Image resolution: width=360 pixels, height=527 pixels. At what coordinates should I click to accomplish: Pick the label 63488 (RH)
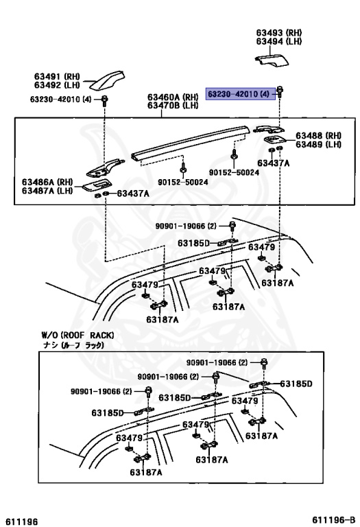tap(318, 135)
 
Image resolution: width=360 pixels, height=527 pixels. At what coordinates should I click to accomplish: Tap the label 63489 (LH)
tap(318, 144)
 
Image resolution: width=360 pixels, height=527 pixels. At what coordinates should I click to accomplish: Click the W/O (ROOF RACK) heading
tap(77, 335)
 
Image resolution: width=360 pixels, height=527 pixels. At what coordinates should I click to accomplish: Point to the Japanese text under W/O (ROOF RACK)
tap(71, 345)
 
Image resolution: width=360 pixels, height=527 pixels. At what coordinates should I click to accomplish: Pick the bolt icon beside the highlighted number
tap(280, 91)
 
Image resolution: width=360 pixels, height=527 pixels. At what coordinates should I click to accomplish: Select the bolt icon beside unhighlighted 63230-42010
tap(104, 100)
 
